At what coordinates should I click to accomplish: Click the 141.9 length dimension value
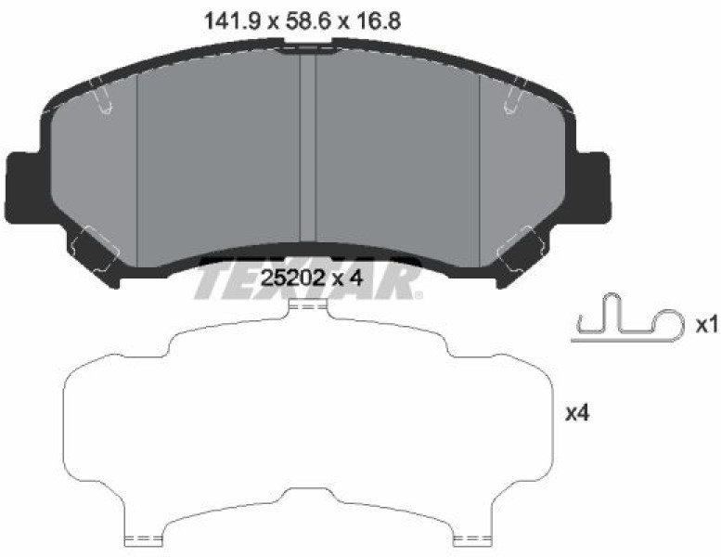tap(233, 21)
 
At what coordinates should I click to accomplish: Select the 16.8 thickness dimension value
tap(377, 21)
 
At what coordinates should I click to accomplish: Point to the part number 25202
tap(293, 278)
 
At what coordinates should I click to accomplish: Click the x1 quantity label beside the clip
tap(706, 326)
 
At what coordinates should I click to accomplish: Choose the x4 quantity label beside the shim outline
tap(577, 414)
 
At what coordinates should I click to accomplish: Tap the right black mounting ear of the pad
tap(592, 188)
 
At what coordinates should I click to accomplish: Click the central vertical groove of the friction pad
tap(308, 148)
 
